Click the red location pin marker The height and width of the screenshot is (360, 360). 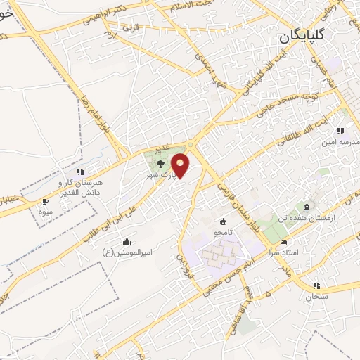(181, 165)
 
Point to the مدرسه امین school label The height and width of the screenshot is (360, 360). (343, 141)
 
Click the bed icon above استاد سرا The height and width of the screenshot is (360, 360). (283, 243)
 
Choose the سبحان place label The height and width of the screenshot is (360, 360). (316, 296)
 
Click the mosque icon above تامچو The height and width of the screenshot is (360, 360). (224, 221)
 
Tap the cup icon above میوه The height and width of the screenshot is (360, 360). (46, 201)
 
